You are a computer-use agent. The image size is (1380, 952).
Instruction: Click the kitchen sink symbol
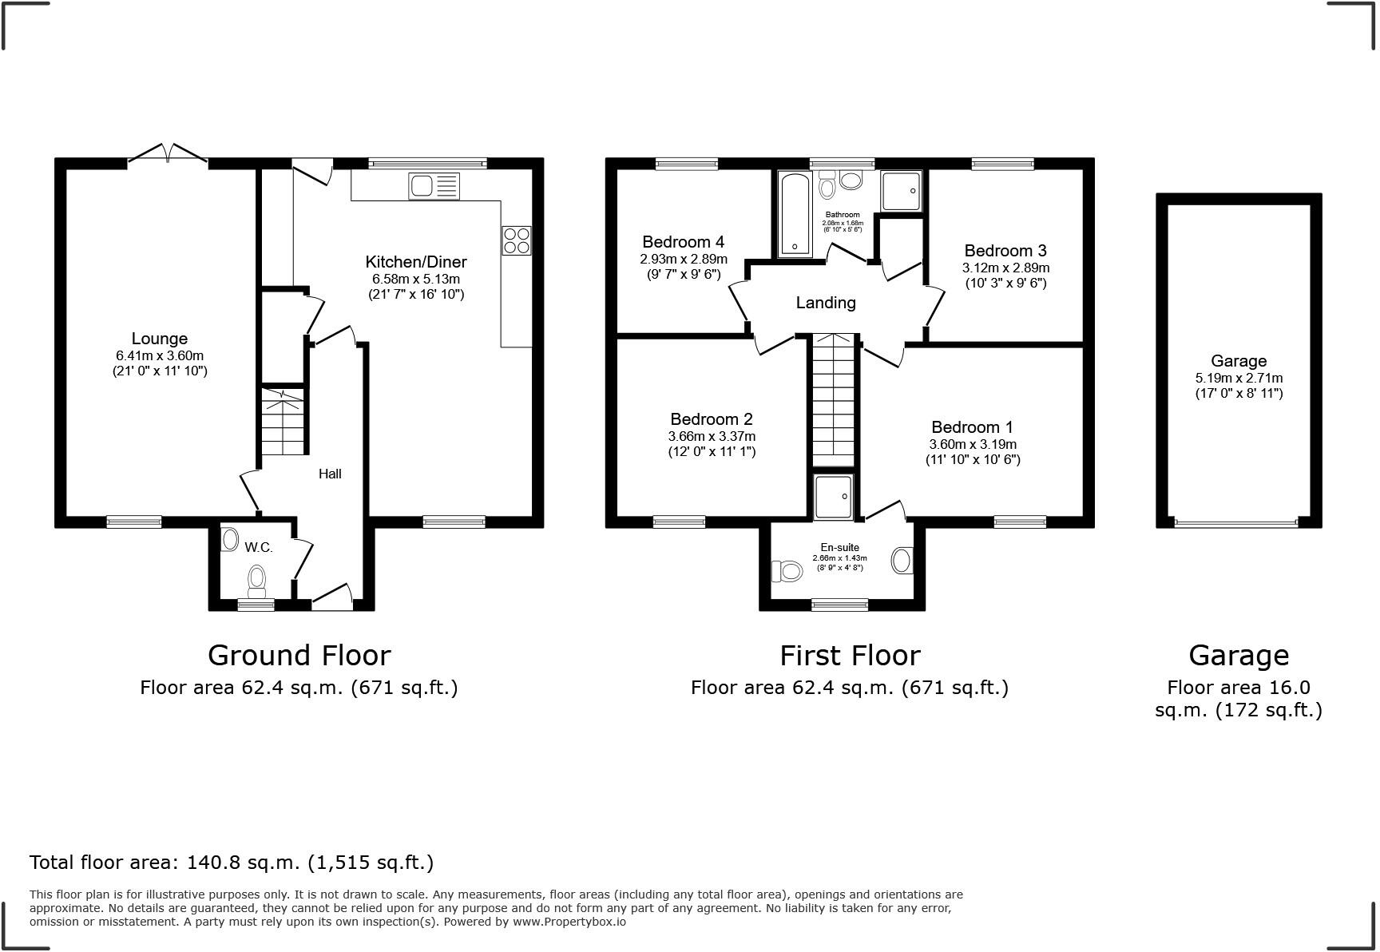tap(434, 186)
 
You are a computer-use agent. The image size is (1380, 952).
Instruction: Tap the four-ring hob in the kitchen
tap(516, 240)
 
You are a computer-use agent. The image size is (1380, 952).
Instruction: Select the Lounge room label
tap(160, 339)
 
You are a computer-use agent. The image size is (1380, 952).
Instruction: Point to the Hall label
tap(330, 474)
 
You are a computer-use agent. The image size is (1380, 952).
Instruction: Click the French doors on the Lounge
tap(168, 153)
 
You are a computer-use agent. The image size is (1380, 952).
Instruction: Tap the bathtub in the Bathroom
tap(794, 213)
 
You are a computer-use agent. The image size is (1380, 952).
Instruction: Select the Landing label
tap(826, 303)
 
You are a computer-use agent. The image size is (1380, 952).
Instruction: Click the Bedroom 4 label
tap(683, 242)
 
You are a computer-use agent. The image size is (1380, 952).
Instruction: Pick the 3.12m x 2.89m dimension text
tap(1005, 268)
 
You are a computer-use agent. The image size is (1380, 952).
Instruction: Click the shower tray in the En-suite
tap(834, 497)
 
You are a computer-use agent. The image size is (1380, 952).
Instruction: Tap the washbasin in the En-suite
tap(902, 560)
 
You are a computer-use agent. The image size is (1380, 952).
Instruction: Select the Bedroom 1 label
tap(972, 427)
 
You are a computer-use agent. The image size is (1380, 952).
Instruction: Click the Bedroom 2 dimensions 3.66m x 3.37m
tap(712, 437)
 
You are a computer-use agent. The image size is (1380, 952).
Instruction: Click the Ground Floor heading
tap(299, 656)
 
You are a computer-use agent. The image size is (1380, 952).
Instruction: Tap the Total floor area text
tap(232, 863)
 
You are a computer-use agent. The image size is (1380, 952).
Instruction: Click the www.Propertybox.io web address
tap(569, 922)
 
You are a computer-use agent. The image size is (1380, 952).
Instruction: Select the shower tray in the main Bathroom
tap(902, 190)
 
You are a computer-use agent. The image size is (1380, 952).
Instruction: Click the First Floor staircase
tap(833, 399)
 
